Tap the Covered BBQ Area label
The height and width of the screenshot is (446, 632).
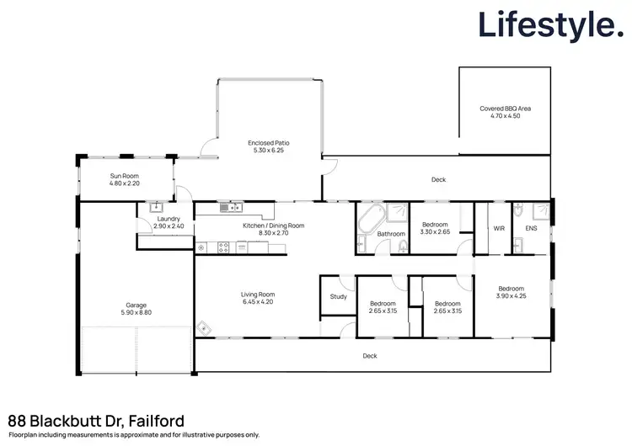(x=505, y=109)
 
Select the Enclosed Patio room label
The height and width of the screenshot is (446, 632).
(x=270, y=143)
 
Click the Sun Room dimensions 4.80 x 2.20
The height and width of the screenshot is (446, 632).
(x=125, y=183)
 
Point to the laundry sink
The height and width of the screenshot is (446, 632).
(x=156, y=206)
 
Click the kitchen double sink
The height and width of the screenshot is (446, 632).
(x=229, y=207)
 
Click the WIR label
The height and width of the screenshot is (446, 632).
(x=498, y=228)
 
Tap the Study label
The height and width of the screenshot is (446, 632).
(x=338, y=296)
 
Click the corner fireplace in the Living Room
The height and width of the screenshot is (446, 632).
(x=202, y=329)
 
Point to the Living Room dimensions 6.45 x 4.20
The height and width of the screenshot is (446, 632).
(x=258, y=301)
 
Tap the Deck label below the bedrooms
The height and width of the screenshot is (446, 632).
(x=369, y=356)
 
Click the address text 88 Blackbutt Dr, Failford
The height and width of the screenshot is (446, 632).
(x=96, y=419)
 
